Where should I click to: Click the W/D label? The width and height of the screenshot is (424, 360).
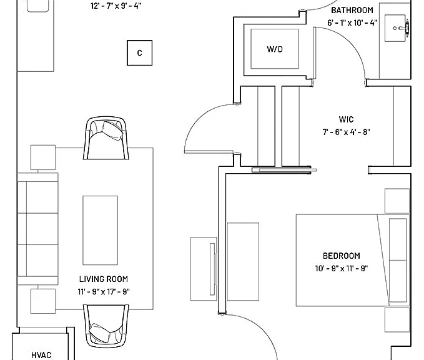[x=275, y=49]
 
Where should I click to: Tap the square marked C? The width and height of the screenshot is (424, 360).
[x=139, y=52]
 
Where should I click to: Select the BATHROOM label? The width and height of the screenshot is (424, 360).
[x=352, y=10]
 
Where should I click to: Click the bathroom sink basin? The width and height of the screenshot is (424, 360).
[x=395, y=28]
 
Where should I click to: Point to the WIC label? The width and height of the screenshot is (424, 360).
[x=346, y=119]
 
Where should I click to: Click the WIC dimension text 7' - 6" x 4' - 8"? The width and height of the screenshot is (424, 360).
[x=346, y=132]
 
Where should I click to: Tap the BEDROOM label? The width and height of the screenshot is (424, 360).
[x=342, y=256]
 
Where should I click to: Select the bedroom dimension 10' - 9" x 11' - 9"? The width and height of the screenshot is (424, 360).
[x=342, y=269]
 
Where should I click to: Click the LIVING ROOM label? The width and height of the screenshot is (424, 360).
[x=104, y=279]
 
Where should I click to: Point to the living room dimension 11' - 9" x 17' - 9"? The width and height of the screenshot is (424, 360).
[x=104, y=292]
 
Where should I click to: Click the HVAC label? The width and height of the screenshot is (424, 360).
[x=41, y=355]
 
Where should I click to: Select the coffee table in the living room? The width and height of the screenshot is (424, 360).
[x=101, y=231]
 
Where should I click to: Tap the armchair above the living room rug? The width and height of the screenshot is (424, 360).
[x=106, y=138]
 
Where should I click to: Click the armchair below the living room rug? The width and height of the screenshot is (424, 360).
[x=106, y=326]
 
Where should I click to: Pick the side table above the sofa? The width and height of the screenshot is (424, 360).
[x=43, y=157]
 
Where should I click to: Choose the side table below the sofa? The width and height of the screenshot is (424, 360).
[x=43, y=301]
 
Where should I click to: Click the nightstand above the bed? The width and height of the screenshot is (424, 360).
[x=397, y=201]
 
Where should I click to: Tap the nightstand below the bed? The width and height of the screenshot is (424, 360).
[x=397, y=319]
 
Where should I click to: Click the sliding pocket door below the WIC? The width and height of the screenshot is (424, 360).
[x=284, y=170]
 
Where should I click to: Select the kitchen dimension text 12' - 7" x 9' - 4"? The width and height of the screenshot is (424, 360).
[x=116, y=6]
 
